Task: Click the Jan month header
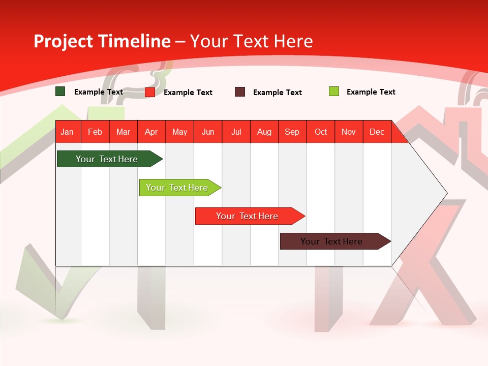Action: point(67,132)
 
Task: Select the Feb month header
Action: point(95,132)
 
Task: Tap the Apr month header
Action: point(151,132)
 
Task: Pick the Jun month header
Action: point(208,132)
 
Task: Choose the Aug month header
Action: point(264,132)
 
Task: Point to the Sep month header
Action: point(292,132)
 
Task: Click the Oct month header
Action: point(321,132)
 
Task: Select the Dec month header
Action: point(377,132)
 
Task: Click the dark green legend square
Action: point(60,91)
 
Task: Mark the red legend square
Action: point(150,92)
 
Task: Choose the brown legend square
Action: point(240,92)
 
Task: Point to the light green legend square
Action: point(334,91)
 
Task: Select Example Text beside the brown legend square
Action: point(278,92)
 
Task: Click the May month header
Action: point(179,132)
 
